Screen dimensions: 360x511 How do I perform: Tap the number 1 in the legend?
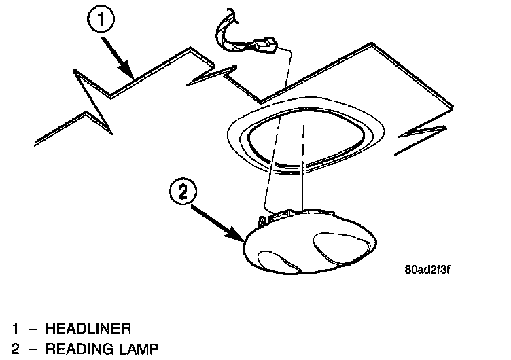point(15,329)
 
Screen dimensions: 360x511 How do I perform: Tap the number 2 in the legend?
point(15,350)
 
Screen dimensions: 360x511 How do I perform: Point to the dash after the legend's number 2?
point(31,350)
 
